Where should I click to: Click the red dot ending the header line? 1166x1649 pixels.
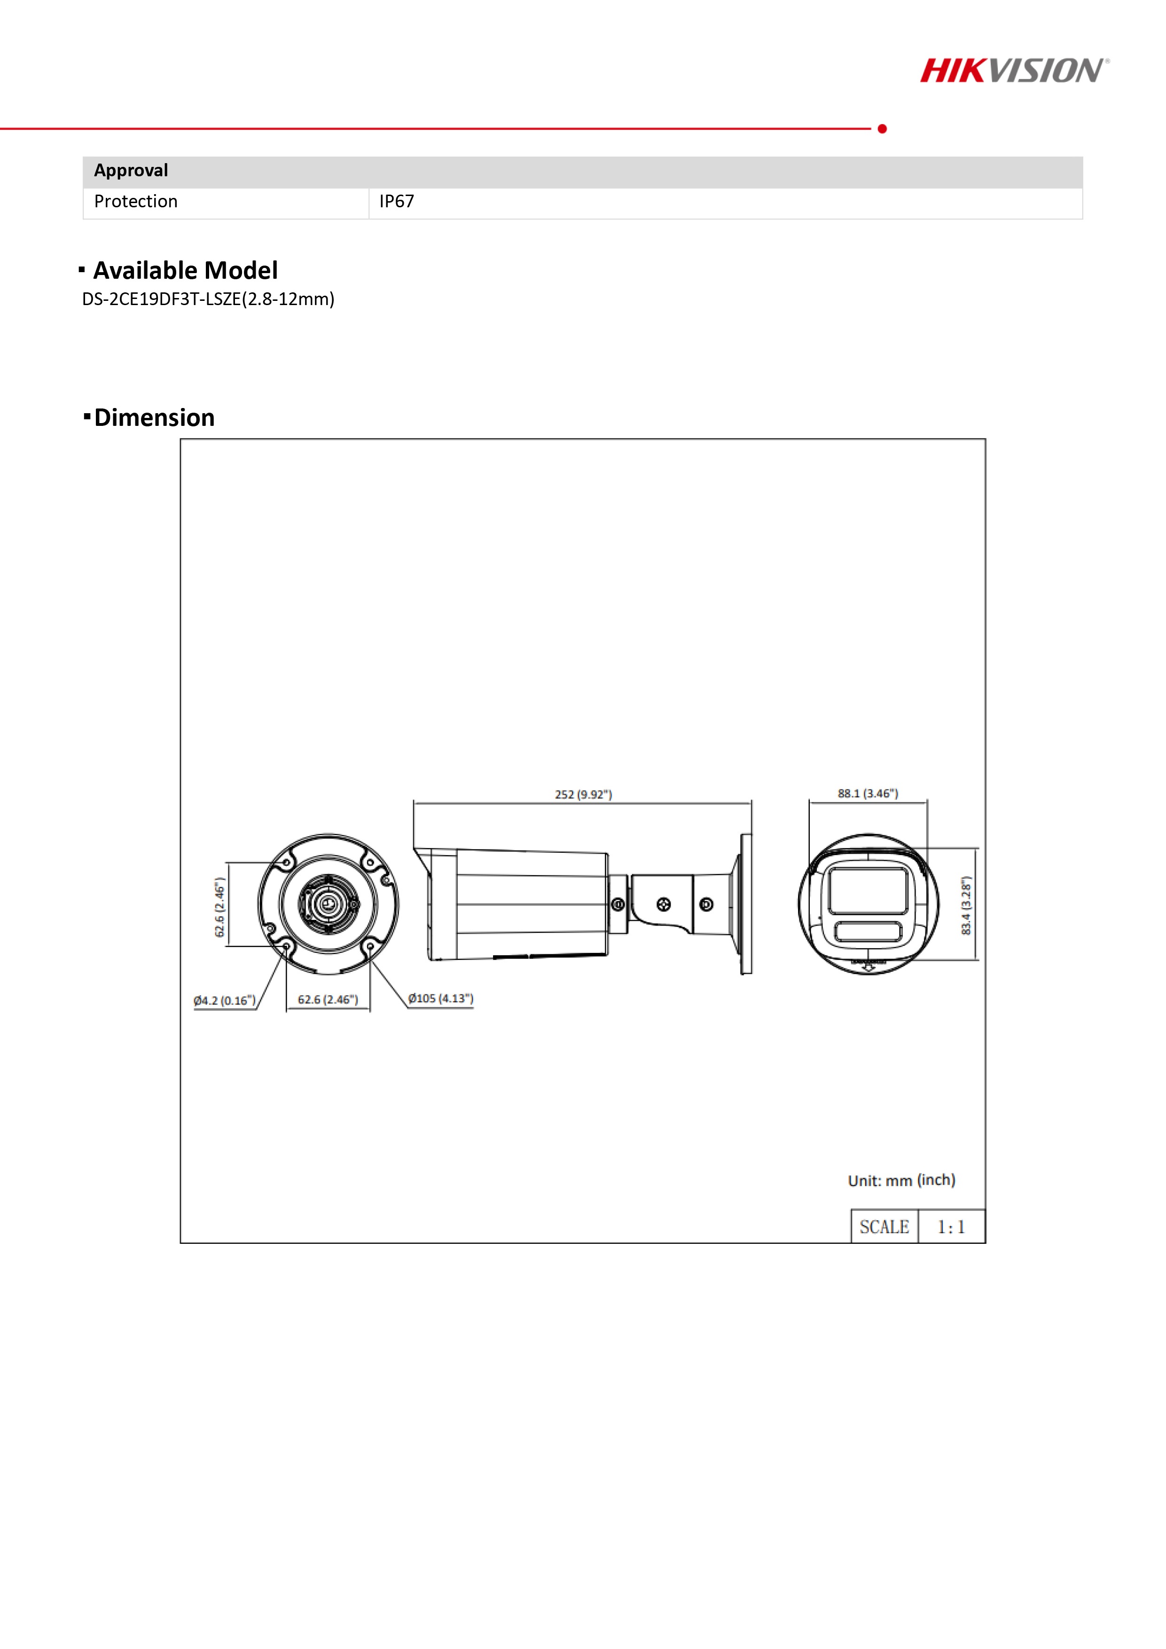pos(883,128)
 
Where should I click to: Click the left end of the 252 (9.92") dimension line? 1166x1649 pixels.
pos(414,803)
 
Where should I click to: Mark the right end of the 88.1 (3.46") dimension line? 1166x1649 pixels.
pos(927,801)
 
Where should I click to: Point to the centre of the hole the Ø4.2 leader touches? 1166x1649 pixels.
pos(287,947)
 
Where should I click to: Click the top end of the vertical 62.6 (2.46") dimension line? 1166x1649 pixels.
pos(227,863)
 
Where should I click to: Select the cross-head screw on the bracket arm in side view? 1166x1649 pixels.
pos(664,905)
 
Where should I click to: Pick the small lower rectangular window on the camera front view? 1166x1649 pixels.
pos(868,932)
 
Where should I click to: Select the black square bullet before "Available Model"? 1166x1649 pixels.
pos(82,270)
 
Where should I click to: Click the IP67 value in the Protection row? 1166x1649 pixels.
pos(396,201)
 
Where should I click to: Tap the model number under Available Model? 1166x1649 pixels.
pos(208,299)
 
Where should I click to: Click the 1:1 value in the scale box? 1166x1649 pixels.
pos(951,1227)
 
